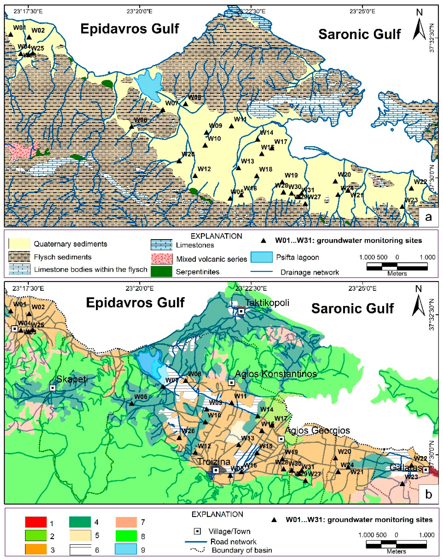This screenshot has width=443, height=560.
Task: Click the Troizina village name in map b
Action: pos(214,462)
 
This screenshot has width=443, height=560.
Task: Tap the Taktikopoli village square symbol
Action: pos(241,311)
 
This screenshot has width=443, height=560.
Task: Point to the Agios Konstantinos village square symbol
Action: pos(232,382)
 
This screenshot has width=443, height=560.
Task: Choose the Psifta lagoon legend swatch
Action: pos(261,257)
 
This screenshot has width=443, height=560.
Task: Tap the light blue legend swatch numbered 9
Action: pos(126,549)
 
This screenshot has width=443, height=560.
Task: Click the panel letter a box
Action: pos(428,217)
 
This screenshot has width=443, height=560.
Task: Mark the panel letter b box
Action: pos(428,494)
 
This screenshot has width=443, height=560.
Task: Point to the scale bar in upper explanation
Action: pos(397,266)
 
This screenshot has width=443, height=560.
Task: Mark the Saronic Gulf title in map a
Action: pos(359,34)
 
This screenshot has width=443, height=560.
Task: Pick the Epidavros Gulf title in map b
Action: pos(135,302)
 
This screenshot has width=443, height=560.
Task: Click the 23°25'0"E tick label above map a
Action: pos(362,11)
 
